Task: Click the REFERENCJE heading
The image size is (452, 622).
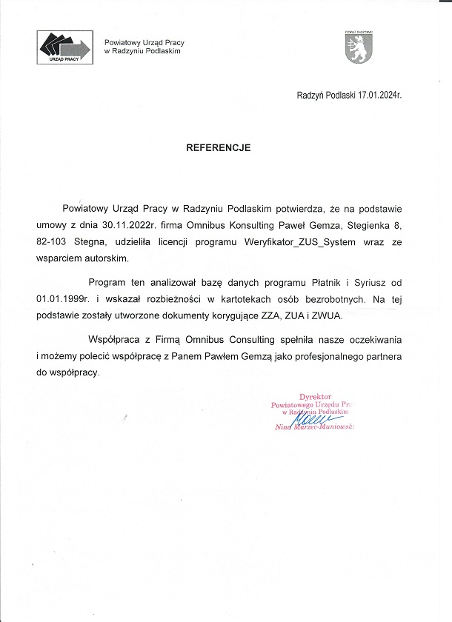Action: pyautogui.click(x=218, y=147)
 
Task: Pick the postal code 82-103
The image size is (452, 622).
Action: pyautogui.click(x=51, y=242)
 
